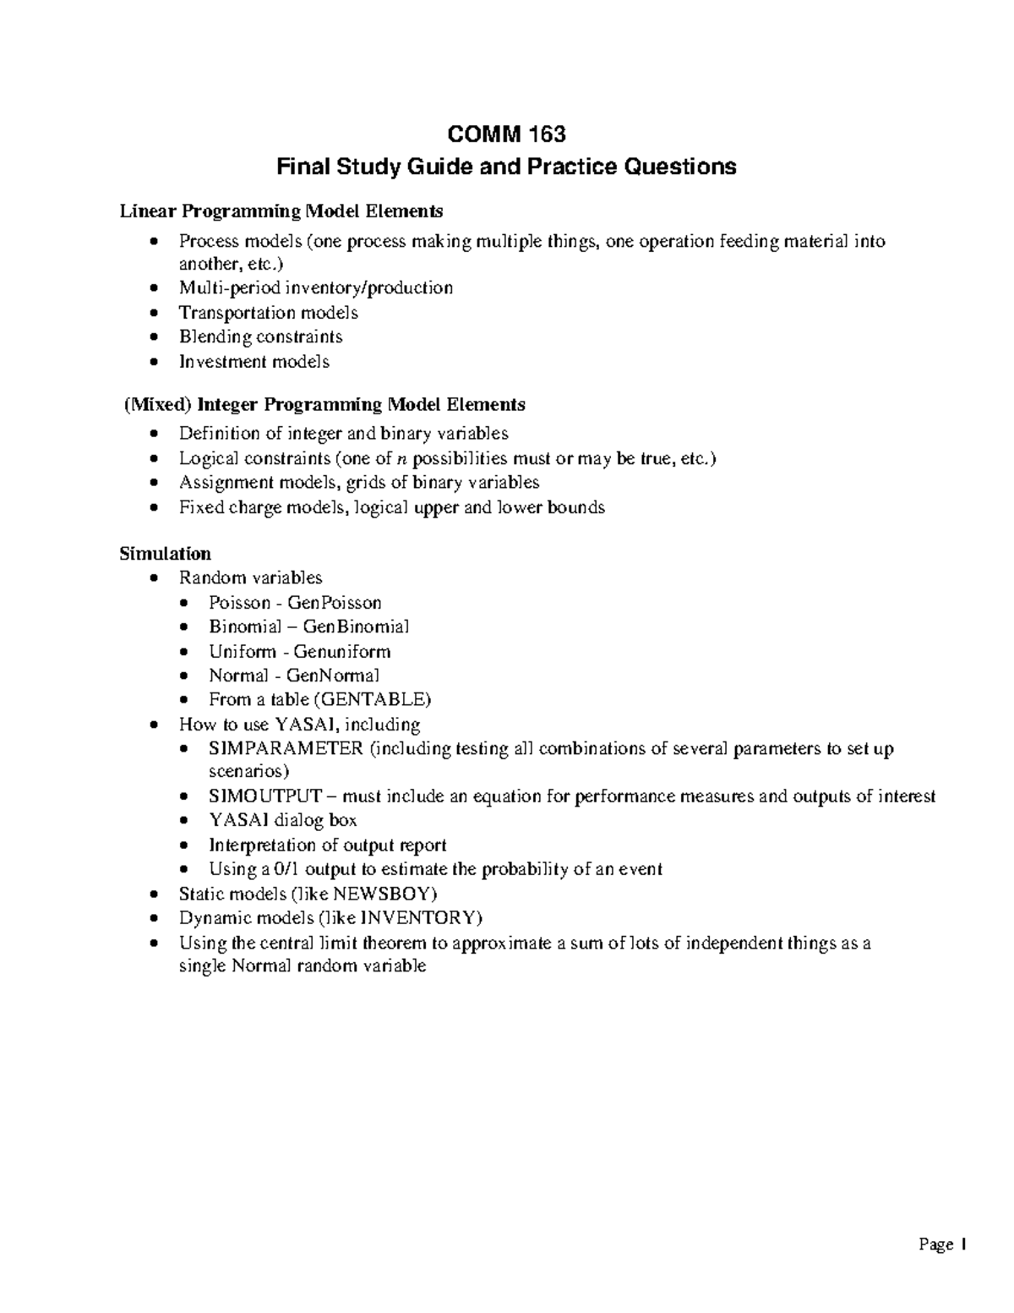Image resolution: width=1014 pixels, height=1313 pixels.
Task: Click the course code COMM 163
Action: [506, 134]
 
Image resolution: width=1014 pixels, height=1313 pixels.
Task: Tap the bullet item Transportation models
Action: [268, 313]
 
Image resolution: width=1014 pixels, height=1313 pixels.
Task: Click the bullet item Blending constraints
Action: [260, 337]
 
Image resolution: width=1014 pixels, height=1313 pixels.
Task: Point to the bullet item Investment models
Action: [253, 362]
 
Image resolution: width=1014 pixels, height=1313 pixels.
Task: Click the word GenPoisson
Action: [334, 603]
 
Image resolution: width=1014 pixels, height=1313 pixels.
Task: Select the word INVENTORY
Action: [420, 918]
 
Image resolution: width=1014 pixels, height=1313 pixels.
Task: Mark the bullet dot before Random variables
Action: [153, 579]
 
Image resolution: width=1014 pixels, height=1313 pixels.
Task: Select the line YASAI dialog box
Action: [282, 821]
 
